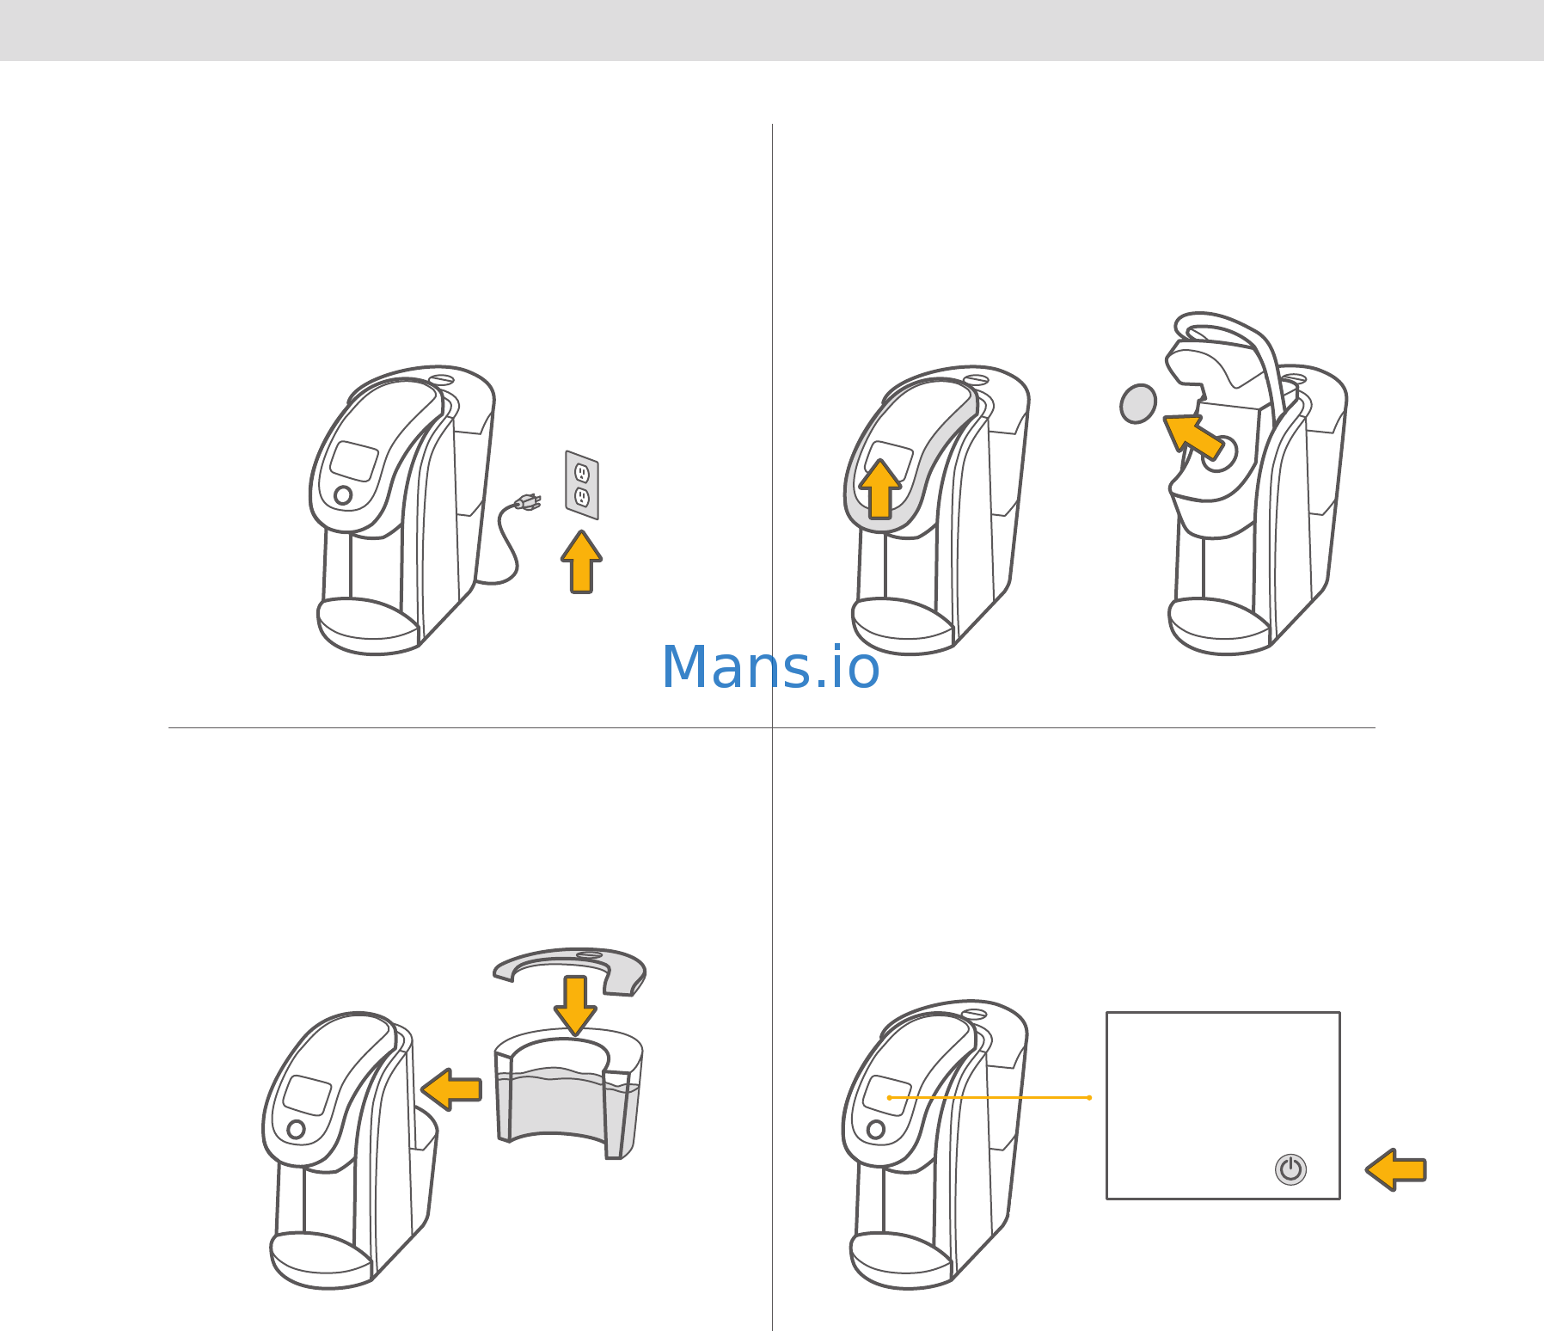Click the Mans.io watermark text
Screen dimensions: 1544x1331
click(770, 667)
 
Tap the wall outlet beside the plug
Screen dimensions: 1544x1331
click(582, 485)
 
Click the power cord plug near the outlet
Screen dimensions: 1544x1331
click(526, 501)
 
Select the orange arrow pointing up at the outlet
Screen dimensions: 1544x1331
click(582, 561)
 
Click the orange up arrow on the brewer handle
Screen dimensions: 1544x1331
click(879, 489)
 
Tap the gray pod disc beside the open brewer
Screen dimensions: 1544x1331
click(1138, 403)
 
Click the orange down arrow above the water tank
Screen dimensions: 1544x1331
click(575, 1005)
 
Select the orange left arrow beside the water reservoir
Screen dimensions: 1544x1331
click(451, 1089)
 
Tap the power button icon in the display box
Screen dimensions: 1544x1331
click(1290, 1169)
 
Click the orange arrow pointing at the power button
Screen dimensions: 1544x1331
click(1396, 1169)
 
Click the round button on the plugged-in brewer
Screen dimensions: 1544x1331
click(343, 495)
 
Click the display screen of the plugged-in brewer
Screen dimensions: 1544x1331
click(355, 462)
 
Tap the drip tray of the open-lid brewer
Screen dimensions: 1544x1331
click(1219, 626)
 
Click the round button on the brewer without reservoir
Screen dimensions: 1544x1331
click(296, 1129)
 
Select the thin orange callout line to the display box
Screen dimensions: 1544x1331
click(990, 1097)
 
